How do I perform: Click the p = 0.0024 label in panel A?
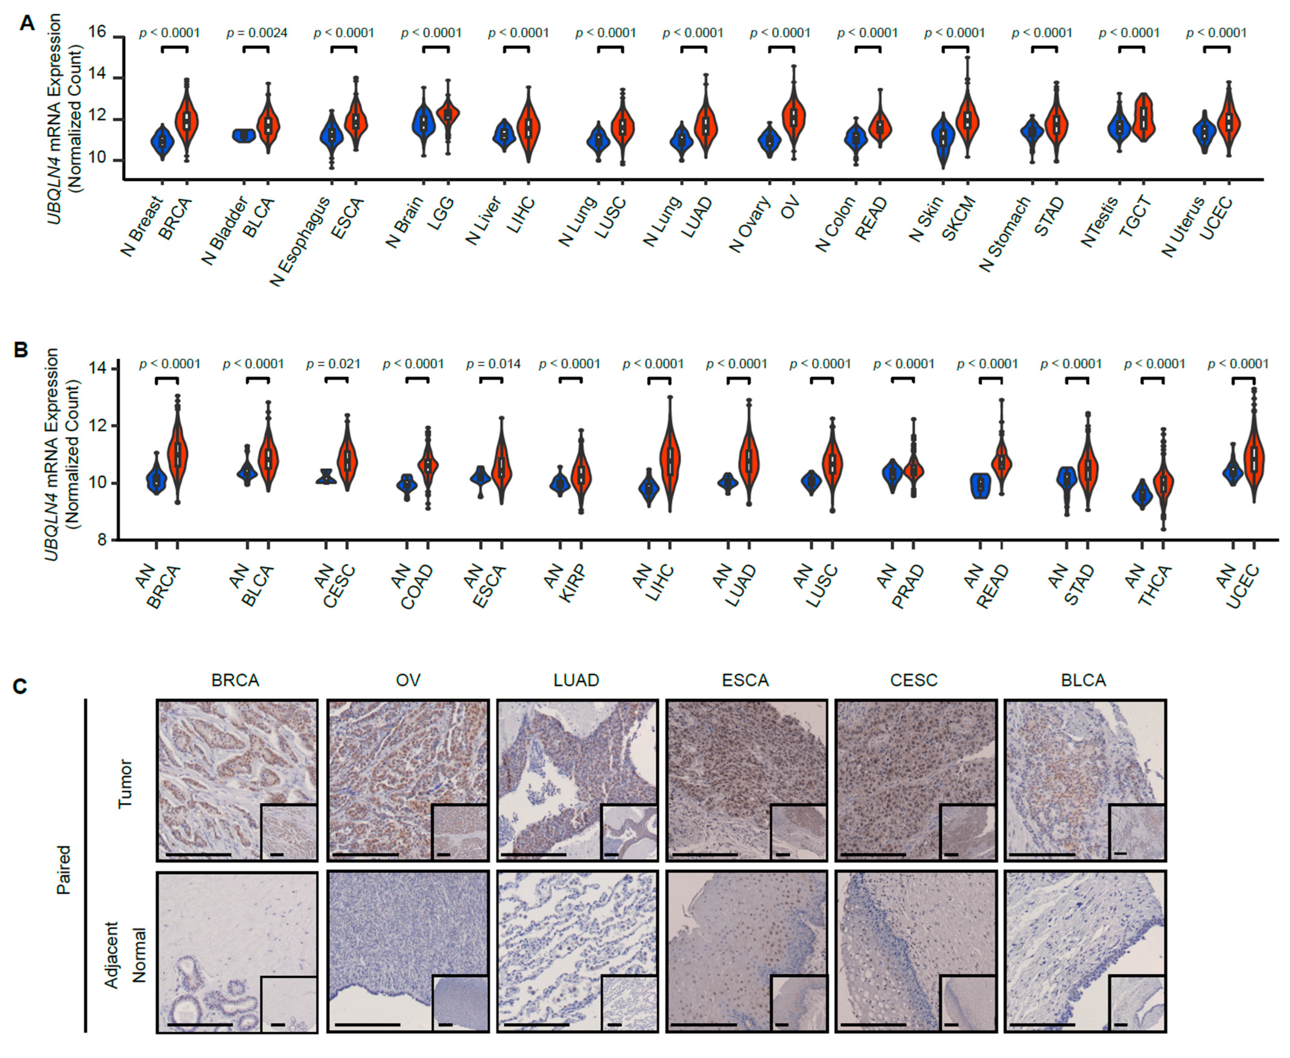click(257, 33)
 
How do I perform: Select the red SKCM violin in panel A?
click(967, 119)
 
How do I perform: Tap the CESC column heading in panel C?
click(914, 680)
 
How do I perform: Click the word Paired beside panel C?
click(64, 870)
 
